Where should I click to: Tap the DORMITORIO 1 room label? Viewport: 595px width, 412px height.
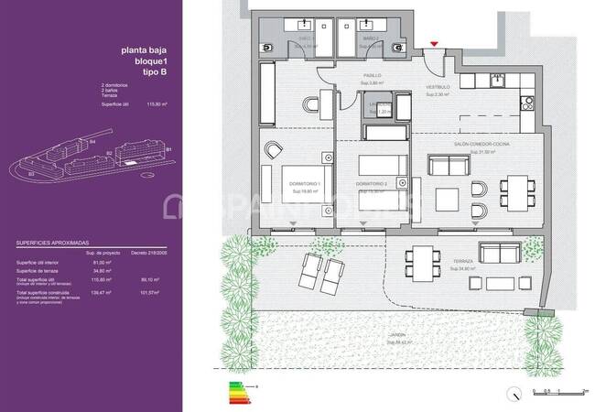[303, 185]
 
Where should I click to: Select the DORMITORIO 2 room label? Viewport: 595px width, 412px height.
[372, 185]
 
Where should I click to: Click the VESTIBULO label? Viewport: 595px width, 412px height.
[437, 88]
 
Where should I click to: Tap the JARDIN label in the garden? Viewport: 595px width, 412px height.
[395, 336]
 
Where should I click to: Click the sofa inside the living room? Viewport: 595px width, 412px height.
[448, 167]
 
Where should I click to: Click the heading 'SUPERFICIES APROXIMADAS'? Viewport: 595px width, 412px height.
[54, 244]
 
